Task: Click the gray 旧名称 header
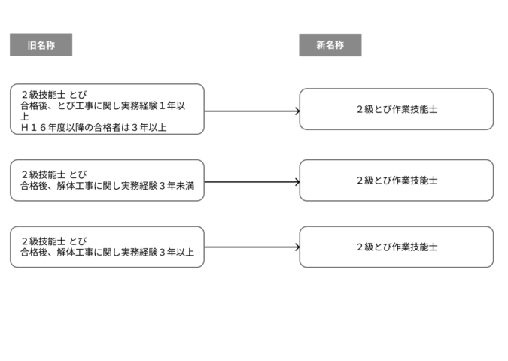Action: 41,44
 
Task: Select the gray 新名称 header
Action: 330,45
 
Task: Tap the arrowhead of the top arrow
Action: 298,111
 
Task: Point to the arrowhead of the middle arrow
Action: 298,182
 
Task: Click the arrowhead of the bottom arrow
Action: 298,247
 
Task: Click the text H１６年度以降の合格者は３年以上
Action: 93,128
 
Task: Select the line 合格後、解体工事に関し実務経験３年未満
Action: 107,186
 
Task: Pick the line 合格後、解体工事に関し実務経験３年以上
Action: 107,252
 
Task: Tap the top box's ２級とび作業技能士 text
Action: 397,110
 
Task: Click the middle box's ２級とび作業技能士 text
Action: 397,180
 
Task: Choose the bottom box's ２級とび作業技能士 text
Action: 397,247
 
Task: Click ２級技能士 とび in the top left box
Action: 54,95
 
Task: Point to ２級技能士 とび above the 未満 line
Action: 54,174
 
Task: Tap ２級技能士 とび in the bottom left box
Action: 54,241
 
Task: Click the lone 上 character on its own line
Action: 25,117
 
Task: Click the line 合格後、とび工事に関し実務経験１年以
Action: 102,105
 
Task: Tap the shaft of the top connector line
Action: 249,111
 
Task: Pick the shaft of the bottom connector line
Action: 249,247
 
